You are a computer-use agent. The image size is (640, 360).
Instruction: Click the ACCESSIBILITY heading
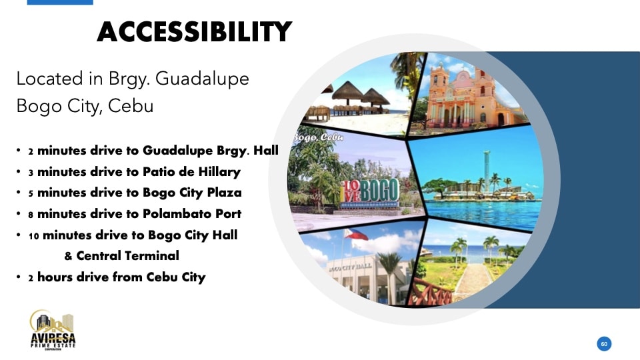point(194,32)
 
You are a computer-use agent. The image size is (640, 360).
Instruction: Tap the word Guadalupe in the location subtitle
point(202,79)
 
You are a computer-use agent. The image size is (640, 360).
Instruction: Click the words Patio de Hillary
point(191,172)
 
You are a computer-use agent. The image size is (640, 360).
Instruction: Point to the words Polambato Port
point(192,213)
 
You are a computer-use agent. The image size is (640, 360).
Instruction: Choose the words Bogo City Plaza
point(192,193)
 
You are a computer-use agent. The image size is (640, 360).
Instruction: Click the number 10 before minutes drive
point(33,236)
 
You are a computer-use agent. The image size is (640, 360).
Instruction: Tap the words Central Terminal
point(127,255)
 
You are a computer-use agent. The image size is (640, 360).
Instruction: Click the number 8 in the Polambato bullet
point(31,215)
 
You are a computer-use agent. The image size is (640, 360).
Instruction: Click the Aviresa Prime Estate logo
point(53,330)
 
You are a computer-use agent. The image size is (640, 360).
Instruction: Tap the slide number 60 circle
point(604,344)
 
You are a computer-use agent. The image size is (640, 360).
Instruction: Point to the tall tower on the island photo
point(487,171)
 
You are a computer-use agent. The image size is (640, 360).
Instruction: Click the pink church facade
point(464,98)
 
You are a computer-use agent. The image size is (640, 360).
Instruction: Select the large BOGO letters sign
point(369,191)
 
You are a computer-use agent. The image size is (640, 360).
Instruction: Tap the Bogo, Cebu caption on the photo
point(317,137)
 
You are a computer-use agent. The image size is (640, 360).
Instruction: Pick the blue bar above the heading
point(60,3)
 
